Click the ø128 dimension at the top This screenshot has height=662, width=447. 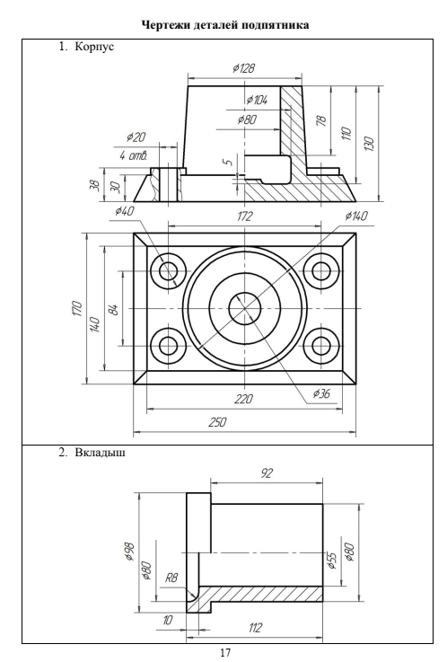click(244, 68)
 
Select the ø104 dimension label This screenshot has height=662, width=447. click(257, 100)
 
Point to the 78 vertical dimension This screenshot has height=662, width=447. click(321, 120)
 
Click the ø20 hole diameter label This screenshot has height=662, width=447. click(136, 137)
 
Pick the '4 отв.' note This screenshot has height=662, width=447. click(133, 155)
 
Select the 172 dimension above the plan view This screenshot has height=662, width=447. click(244, 216)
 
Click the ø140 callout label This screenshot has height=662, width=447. click(356, 216)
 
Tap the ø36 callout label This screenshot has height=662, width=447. click(321, 393)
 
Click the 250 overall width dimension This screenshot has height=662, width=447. click(218, 422)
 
